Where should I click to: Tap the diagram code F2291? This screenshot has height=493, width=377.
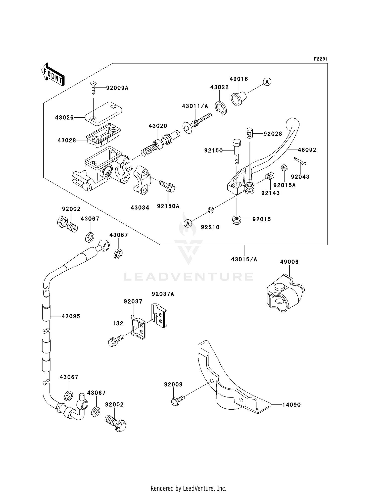click(321, 59)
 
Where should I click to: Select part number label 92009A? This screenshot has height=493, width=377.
click(117, 88)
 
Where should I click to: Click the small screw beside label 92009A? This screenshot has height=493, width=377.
click(93, 87)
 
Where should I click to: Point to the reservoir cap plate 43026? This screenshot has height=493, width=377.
click(104, 113)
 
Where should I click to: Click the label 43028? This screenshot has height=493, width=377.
click(67, 140)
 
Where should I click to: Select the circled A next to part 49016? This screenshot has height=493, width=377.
click(267, 82)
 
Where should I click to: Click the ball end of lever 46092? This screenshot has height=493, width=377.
click(293, 125)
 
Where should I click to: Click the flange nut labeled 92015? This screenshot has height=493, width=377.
click(237, 220)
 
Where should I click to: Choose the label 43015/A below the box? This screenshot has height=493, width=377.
click(244, 259)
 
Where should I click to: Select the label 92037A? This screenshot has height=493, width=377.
click(163, 294)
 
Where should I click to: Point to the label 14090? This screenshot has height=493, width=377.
click(291, 405)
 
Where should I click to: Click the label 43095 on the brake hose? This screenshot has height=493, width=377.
click(71, 316)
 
